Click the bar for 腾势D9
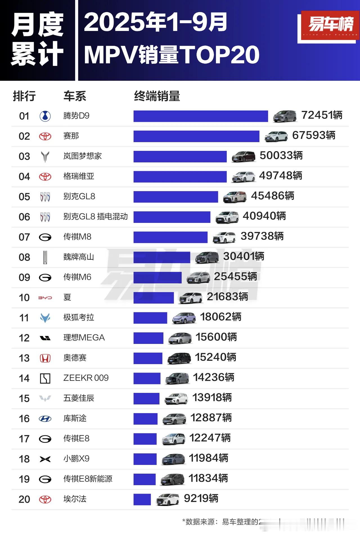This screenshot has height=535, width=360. tap(201, 116)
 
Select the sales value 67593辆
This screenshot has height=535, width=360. tap(314, 135)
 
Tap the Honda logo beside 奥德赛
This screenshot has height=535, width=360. tap(45, 358)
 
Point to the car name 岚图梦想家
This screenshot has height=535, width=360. tap(82, 156)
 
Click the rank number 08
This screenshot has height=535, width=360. tap(24, 257)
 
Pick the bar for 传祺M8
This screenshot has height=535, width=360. tap(170, 237)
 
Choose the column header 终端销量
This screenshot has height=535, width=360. tap(157, 96)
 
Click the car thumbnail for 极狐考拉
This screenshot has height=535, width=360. tap(184, 318)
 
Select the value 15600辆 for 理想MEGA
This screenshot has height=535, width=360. tap(216, 337)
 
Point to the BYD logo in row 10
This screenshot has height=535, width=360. tap(45, 297)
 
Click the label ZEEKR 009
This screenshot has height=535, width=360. tap(86, 378)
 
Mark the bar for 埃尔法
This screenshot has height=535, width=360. tap(142, 500)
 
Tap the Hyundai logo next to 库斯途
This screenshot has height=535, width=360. tap(45, 419)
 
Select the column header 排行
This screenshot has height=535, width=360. tap(24, 96)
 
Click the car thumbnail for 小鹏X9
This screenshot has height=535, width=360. tap(173, 459)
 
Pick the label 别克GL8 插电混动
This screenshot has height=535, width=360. tap(95, 216)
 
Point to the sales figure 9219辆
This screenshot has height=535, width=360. tap(201, 498)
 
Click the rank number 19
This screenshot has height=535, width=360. tap(24, 479)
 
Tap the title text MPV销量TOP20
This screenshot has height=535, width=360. tap(172, 55)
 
